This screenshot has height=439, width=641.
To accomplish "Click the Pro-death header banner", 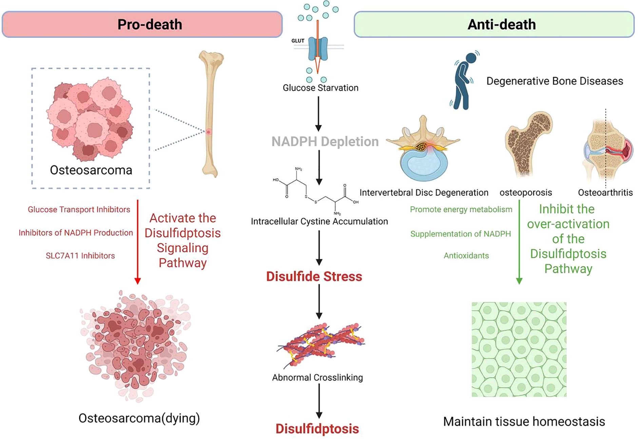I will click(142, 24).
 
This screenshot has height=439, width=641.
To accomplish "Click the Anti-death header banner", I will click(494, 24).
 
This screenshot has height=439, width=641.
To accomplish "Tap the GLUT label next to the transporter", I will click(298, 41).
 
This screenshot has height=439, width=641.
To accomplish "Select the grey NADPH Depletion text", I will click(325, 142).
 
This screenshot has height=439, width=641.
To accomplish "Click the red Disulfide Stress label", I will click(314, 277).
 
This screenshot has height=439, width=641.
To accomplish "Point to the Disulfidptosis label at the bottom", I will click(317, 429).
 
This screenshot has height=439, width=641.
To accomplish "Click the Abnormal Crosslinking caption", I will click(317, 378).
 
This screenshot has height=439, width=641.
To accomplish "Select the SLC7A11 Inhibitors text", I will click(80, 256).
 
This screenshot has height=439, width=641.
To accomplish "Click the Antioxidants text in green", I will click(466, 256).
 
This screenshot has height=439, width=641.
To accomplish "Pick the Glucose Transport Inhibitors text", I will click(79, 209).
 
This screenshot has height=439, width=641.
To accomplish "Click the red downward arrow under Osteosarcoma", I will click(137, 241).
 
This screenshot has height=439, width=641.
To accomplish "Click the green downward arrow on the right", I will click(519, 241).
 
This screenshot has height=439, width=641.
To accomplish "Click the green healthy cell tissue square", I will click(519, 349).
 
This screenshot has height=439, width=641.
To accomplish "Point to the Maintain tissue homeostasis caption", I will click(524, 422).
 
